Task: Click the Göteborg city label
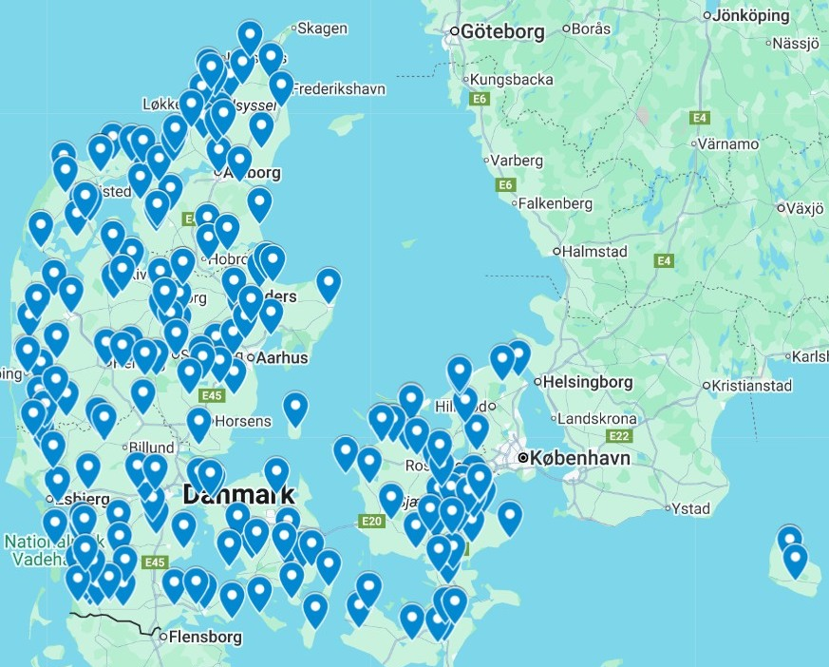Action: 503,32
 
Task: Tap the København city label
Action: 579,458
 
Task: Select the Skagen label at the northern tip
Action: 323,29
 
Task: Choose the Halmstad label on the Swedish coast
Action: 595,252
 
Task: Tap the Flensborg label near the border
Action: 204,638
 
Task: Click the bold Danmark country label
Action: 238,495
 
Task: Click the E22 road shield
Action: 620,436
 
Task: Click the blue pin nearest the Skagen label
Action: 250,36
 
